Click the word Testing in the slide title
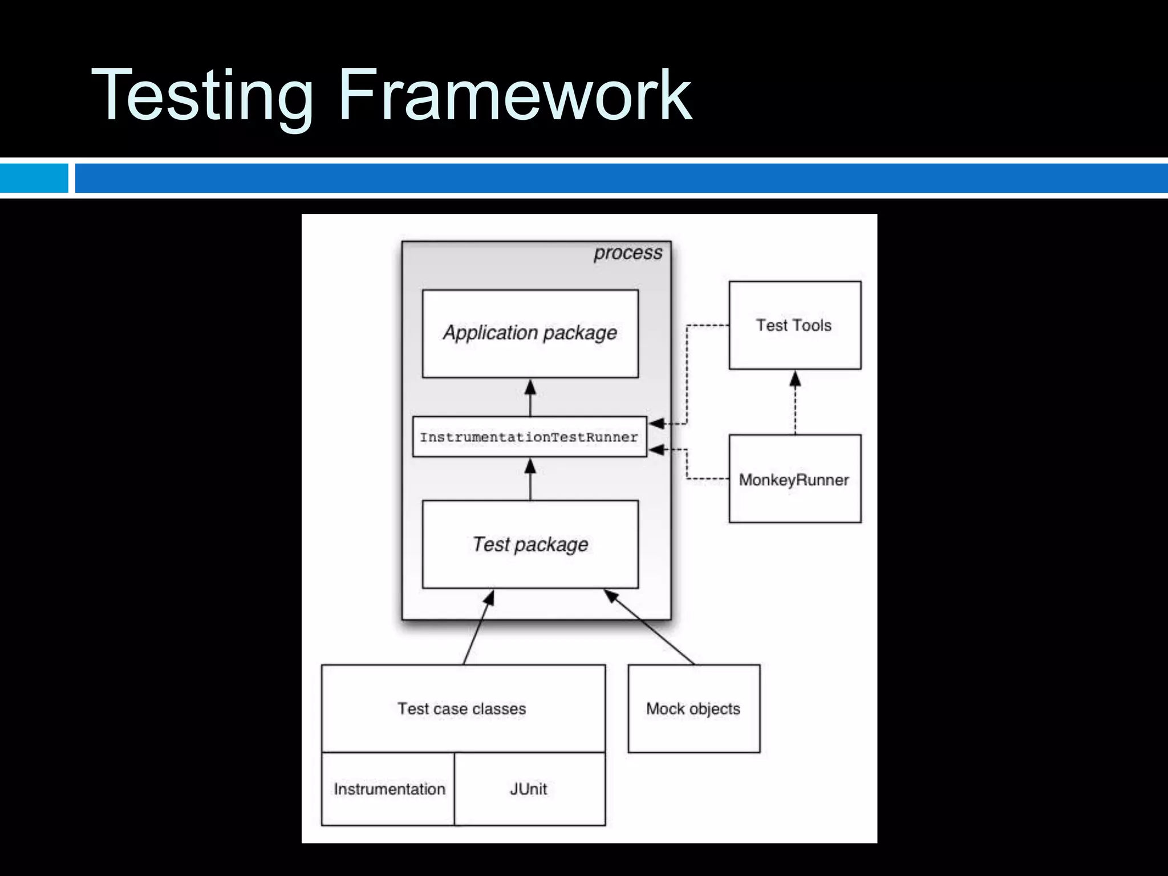point(202,96)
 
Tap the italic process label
point(627,253)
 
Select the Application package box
point(530,334)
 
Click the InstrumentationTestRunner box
point(529,437)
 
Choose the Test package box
point(530,545)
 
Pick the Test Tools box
point(794,325)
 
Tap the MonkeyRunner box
point(794,479)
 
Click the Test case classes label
point(462,708)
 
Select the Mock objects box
point(693,708)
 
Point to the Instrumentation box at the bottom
point(389,789)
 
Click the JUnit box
point(529,789)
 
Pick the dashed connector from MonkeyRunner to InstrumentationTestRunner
point(687,465)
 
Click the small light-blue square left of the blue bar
point(34,178)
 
